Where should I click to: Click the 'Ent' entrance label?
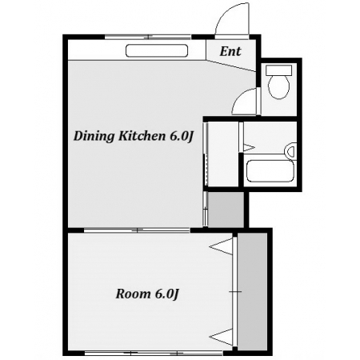230,51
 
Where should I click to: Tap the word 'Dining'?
94,137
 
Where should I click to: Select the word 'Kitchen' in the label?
142,136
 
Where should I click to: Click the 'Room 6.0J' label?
147,294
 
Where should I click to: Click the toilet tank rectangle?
279,70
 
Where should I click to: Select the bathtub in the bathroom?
270,170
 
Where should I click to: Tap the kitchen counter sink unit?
157,50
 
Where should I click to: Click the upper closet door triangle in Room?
221,246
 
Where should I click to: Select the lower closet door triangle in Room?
221,338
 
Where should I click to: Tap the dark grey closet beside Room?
252,291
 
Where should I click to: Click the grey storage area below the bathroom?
226,210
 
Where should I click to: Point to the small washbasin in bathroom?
291,151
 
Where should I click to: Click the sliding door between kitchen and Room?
137,230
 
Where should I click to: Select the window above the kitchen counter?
148,37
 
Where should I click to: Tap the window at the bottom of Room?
154,353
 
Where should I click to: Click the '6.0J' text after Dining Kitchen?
181,137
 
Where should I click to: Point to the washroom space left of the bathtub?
222,154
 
